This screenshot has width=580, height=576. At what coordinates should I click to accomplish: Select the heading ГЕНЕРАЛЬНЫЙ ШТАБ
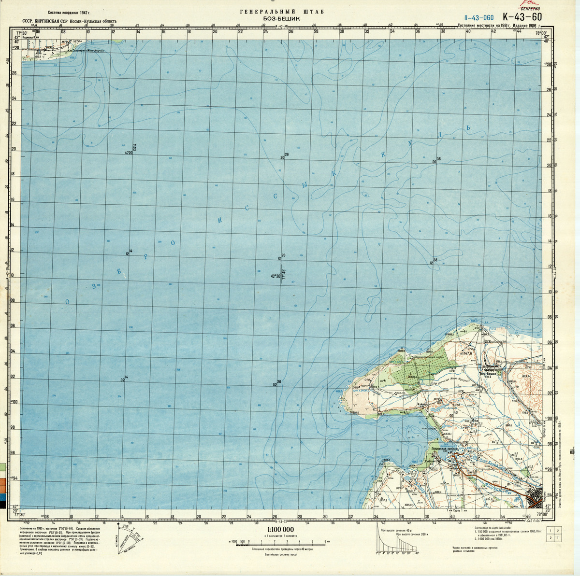(282, 11)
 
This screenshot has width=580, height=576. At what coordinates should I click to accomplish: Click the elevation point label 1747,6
(466, 353)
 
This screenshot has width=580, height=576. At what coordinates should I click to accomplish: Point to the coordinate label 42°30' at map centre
(275, 277)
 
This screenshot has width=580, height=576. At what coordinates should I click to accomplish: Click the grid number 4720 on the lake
(128, 153)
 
